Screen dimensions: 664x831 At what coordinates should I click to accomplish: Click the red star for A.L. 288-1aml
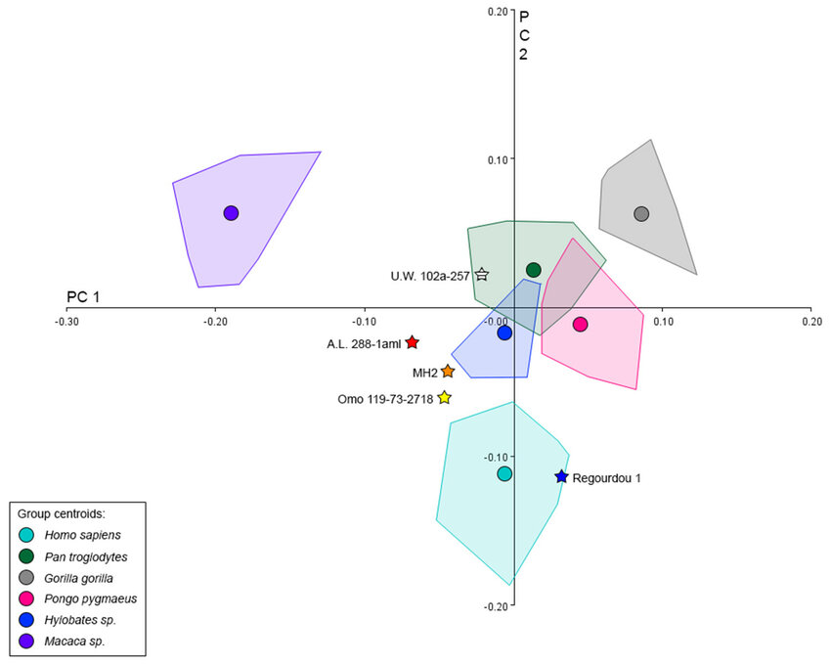click(x=413, y=342)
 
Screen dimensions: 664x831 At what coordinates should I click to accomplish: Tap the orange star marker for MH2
click(x=448, y=372)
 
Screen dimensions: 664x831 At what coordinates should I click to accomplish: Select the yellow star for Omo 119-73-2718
click(x=445, y=398)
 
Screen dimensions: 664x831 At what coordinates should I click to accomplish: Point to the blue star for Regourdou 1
click(x=561, y=477)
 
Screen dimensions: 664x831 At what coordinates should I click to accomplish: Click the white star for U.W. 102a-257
click(x=482, y=275)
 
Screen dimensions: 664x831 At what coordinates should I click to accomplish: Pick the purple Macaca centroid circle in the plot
click(x=231, y=213)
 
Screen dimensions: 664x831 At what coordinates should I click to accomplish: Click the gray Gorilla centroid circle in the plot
click(x=641, y=214)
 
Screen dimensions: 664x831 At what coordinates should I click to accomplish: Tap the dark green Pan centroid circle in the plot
click(x=533, y=270)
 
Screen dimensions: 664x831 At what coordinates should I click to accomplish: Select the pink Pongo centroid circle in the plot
click(x=580, y=325)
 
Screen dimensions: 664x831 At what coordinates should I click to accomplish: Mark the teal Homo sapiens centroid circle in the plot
click(x=504, y=474)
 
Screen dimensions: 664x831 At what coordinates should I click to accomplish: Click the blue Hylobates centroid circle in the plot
click(x=504, y=333)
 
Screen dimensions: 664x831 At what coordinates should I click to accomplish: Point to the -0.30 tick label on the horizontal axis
click(x=67, y=321)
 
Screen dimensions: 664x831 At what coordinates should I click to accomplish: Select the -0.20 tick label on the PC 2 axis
click(x=495, y=606)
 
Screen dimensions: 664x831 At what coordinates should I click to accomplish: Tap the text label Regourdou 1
click(x=607, y=477)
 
